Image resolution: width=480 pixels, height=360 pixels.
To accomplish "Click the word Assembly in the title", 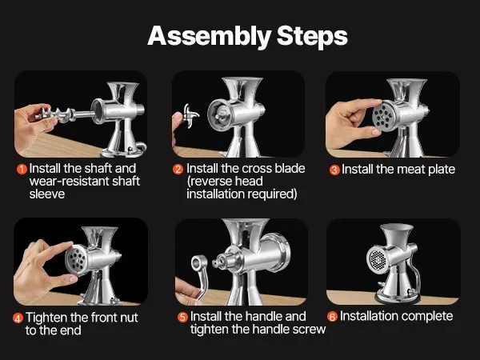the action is click(x=209, y=37).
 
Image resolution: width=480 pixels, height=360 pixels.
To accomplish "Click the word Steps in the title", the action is click(x=312, y=37).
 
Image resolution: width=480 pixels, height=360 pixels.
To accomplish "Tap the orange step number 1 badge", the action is click(x=22, y=169).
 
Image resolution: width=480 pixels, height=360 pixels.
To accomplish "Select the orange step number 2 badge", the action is click(x=178, y=169).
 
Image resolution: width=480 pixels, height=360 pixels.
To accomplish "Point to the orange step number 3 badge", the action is click(x=334, y=170).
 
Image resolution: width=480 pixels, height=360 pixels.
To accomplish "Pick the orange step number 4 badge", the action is click(x=18, y=318).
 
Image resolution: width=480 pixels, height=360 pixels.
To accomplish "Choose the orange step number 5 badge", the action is click(x=182, y=317).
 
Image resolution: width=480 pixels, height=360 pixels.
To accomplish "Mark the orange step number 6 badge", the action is click(x=332, y=317).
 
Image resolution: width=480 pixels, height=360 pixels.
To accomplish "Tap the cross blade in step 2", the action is click(x=190, y=116).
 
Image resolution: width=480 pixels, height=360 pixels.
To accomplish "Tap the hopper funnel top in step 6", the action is click(x=397, y=228).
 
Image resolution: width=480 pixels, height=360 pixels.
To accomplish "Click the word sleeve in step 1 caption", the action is click(x=47, y=194).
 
